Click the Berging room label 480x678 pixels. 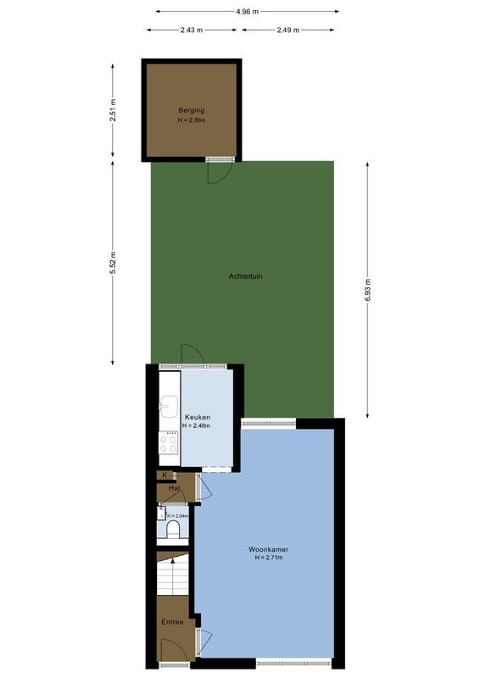click(191, 110)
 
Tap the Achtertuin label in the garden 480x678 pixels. click(245, 276)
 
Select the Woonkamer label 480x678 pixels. click(268, 548)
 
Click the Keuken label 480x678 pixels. click(198, 417)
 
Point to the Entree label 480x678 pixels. click(172, 621)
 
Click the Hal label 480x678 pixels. click(174, 488)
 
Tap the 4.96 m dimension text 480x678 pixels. click(248, 11)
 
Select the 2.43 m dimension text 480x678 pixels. click(192, 30)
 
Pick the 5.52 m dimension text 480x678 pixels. click(113, 263)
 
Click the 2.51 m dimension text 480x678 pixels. click(113, 111)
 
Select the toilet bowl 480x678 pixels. click(174, 531)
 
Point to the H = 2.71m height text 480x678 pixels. click(268, 558)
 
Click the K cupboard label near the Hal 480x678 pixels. click(165, 475)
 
